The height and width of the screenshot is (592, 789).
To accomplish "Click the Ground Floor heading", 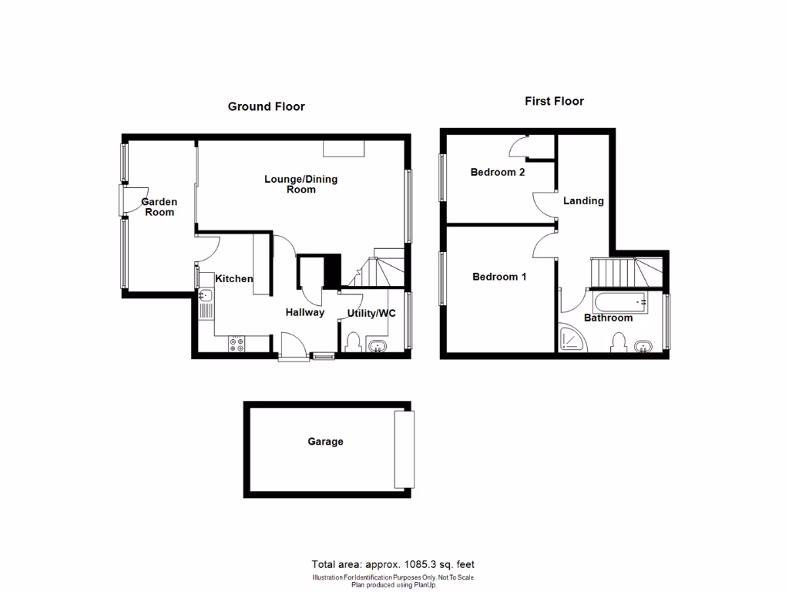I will [266, 106].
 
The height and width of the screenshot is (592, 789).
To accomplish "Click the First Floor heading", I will [554, 101].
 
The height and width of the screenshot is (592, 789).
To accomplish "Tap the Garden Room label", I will [159, 207].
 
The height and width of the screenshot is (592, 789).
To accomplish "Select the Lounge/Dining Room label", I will [300, 184].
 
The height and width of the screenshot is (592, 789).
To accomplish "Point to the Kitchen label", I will [233, 278].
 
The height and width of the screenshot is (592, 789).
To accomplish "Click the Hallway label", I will [305, 312].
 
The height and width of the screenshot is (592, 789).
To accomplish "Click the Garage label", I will [325, 442].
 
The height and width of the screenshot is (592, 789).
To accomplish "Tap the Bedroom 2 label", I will [498, 172].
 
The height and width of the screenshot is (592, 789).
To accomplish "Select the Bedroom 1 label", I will [499, 276].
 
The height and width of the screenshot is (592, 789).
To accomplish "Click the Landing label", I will [583, 200].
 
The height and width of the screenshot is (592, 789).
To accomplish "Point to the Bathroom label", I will [608, 318].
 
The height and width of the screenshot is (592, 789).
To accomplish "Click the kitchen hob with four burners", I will [237, 345].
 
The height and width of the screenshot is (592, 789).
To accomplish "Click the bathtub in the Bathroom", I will [619, 301].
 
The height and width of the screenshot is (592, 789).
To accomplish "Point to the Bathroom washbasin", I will [644, 346].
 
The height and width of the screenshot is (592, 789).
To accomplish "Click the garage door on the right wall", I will [405, 449].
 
